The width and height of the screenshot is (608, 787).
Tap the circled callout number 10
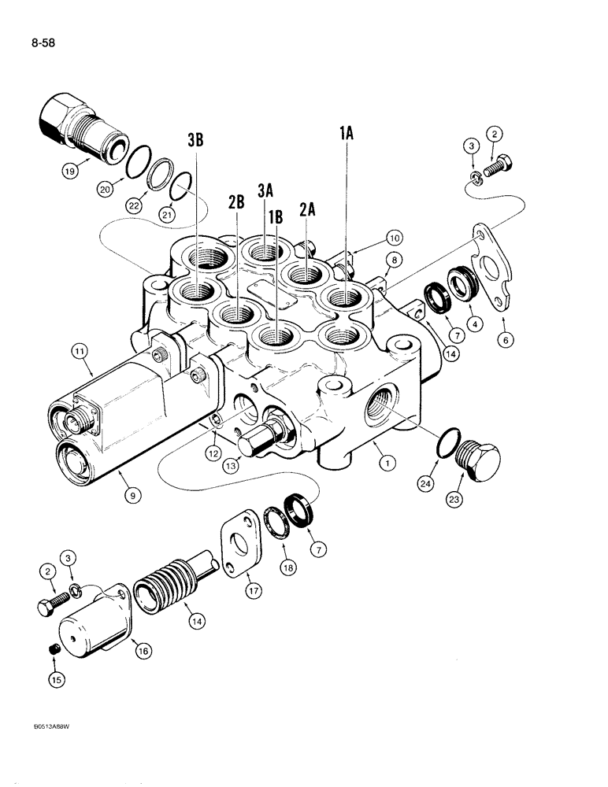click(393, 237)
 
